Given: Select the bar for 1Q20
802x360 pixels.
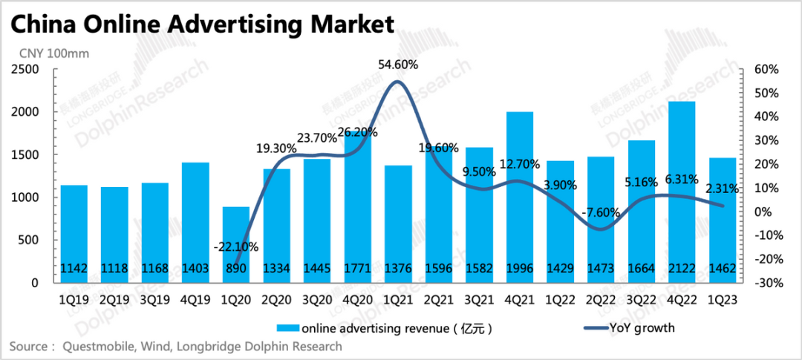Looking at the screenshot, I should pyautogui.click(x=236, y=244).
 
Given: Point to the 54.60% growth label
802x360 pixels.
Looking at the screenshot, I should pyautogui.click(x=398, y=65).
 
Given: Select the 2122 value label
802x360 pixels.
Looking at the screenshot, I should pyautogui.click(x=682, y=268).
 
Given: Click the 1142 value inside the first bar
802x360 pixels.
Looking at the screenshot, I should pyautogui.click(x=74, y=268).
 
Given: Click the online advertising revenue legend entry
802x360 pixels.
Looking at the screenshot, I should pyautogui.click(x=386, y=327).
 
